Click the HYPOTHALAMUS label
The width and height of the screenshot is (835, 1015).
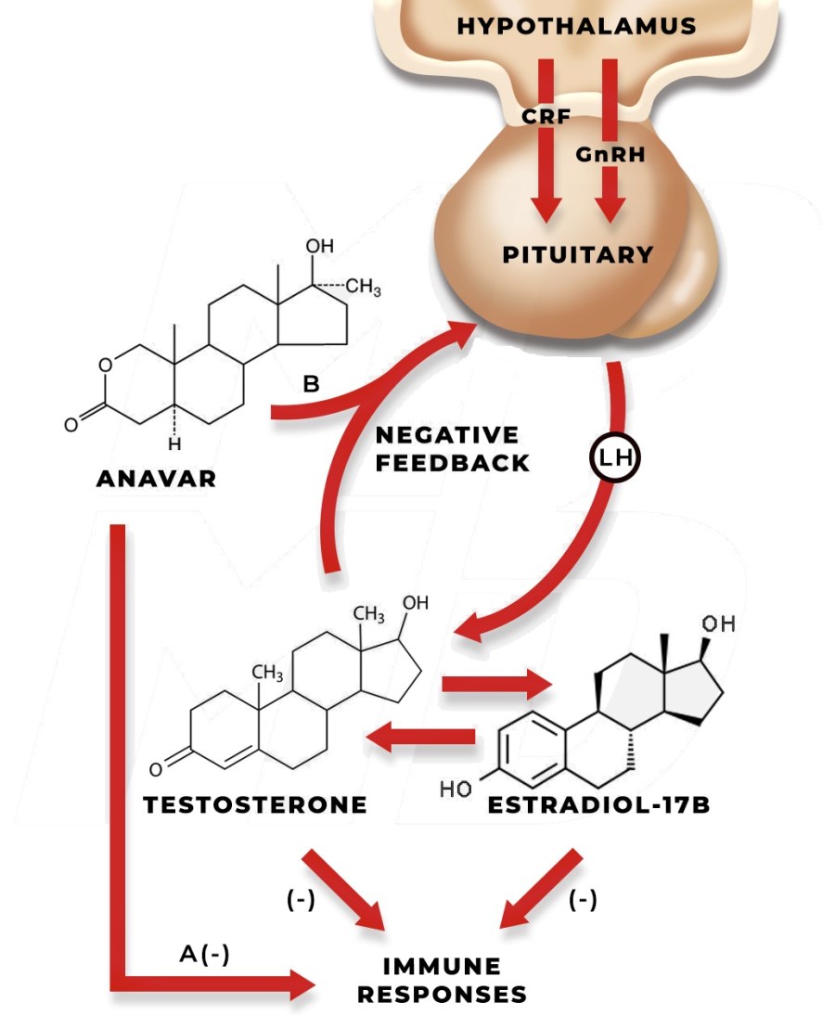(x=576, y=26)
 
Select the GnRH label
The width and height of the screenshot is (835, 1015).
(x=610, y=154)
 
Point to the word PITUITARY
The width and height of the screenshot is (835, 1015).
(x=578, y=254)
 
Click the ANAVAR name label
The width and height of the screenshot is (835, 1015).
(x=156, y=480)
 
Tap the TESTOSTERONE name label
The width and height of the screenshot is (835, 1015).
(x=255, y=804)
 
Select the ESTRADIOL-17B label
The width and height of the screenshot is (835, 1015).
(x=598, y=804)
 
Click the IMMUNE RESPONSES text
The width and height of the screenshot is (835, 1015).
(x=443, y=981)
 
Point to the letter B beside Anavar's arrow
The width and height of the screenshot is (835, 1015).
(x=311, y=385)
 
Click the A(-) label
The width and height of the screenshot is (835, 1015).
(x=203, y=955)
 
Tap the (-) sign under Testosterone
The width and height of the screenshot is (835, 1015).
(x=301, y=900)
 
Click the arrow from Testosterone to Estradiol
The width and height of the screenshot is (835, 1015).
(x=496, y=685)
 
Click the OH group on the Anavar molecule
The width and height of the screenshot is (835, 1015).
(x=320, y=246)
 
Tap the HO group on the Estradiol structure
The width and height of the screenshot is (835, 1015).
(x=455, y=790)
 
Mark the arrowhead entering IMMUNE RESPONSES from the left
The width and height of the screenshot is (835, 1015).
(x=302, y=983)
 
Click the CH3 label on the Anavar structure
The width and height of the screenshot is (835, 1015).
(x=363, y=289)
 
